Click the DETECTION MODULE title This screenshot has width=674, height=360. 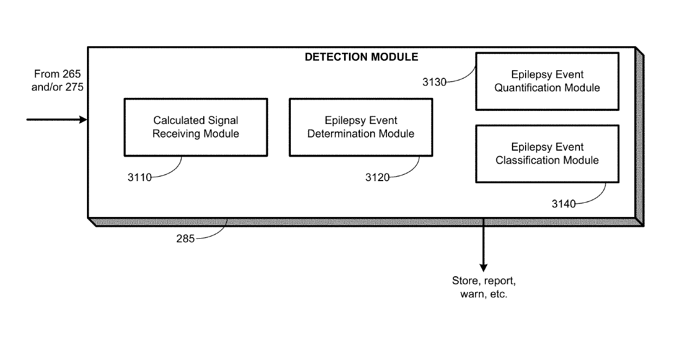(x=361, y=57)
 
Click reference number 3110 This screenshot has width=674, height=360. (x=139, y=177)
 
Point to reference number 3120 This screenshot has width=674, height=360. (x=377, y=177)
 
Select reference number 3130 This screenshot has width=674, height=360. (x=434, y=82)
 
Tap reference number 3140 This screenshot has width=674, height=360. (x=564, y=204)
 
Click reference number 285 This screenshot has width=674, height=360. (x=185, y=239)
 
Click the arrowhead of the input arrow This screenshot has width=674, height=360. (x=83, y=120)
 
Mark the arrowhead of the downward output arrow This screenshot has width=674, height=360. (x=484, y=268)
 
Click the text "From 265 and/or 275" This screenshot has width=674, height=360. (x=57, y=80)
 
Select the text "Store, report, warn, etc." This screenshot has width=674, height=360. (x=484, y=287)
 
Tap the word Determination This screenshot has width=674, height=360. (x=341, y=133)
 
